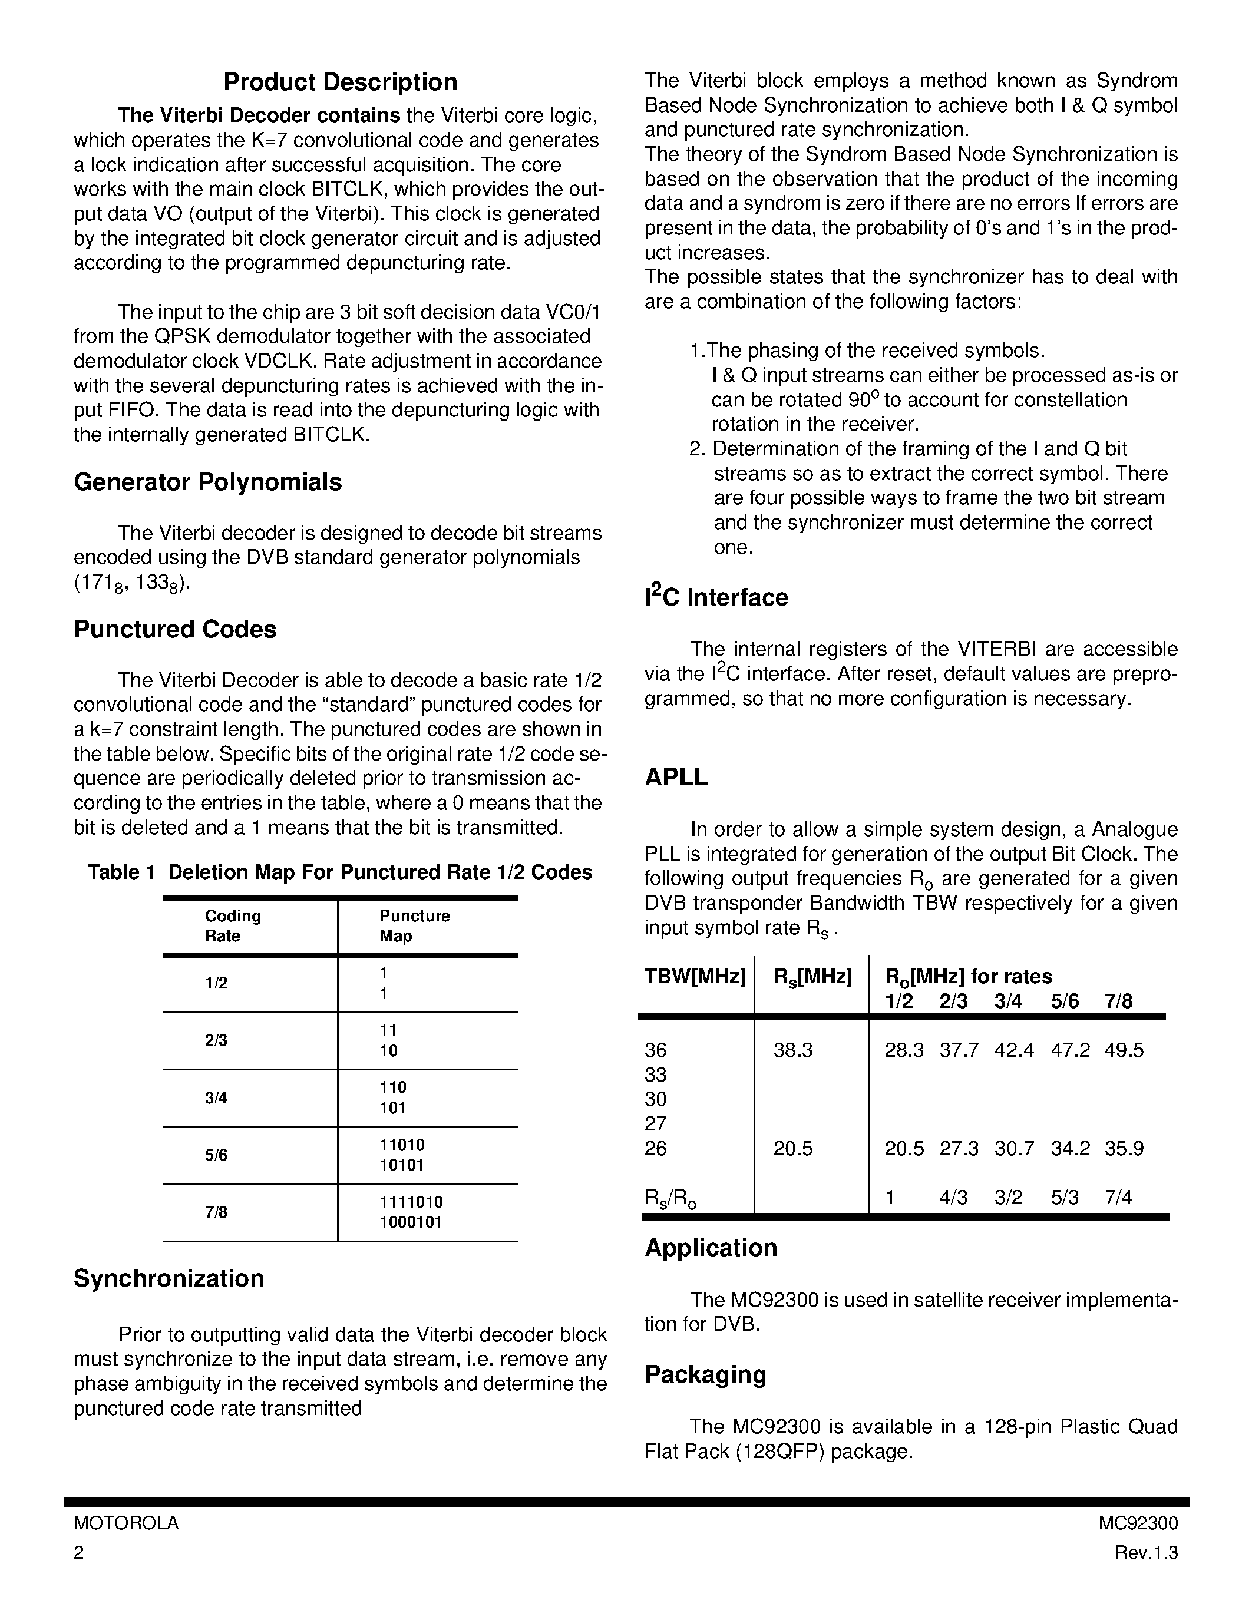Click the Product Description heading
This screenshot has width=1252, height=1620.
341,82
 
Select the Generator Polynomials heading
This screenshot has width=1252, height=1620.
207,482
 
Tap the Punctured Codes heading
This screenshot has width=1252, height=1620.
175,629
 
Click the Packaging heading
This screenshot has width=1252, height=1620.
705,1374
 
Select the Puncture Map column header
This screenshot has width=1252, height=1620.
414,925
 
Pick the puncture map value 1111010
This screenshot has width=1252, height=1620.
411,1202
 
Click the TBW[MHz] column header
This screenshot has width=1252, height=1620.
695,977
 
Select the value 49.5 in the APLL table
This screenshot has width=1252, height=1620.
1124,1050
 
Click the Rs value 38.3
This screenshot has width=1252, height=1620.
793,1050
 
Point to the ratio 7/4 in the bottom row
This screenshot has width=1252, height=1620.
1118,1197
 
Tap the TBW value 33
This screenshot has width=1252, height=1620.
656,1075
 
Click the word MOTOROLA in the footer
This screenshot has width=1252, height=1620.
126,1523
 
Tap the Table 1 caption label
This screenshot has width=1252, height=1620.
121,872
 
